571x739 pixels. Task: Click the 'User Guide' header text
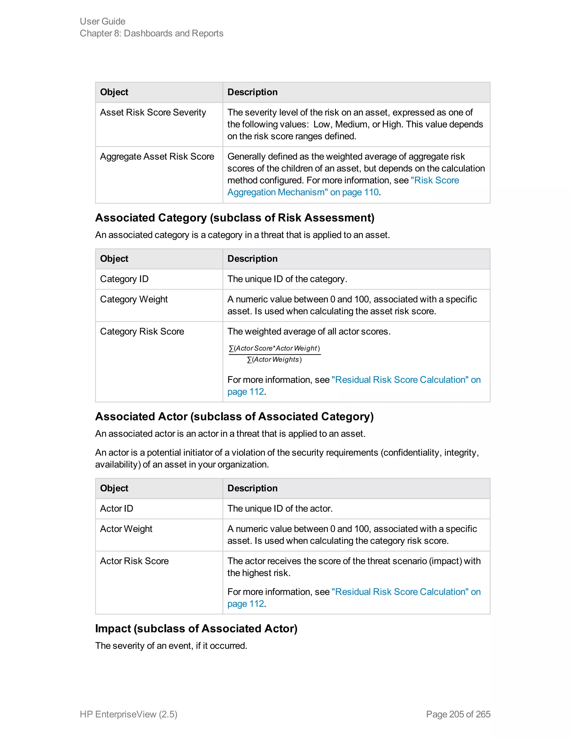(103, 21)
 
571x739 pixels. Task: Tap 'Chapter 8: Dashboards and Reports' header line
(152, 33)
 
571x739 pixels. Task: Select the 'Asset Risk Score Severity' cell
(153, 112)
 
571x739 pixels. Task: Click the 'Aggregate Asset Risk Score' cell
(157, 156)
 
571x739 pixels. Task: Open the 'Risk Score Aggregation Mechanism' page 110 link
(343, 186)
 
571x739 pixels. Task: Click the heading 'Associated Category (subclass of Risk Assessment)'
(235, 218)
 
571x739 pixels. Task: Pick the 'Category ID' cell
(124, 279)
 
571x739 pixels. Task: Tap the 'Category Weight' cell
(134, 299)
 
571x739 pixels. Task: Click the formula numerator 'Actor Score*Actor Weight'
(274, 348)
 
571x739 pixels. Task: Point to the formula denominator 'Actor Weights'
(274, 360)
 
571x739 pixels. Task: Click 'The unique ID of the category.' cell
(287, 279)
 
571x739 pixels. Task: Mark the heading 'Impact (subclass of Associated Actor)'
(196, 628)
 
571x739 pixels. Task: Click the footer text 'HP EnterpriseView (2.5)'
(129, 714)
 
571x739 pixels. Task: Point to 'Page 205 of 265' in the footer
(458, 714)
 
